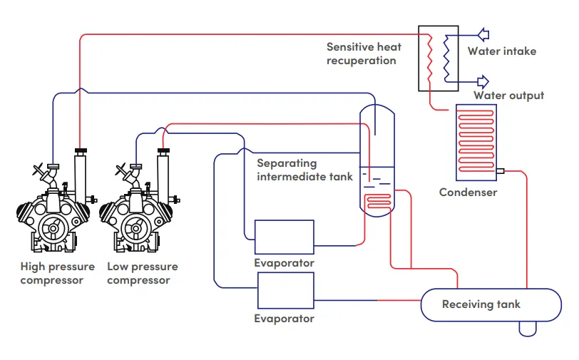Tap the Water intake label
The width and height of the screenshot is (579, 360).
501,51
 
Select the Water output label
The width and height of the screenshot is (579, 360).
508,96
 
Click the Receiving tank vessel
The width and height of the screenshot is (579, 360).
481,304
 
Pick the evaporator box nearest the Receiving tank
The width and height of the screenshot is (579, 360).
285,291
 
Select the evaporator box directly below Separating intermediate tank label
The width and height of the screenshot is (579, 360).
285,237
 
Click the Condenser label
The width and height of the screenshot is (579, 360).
468,192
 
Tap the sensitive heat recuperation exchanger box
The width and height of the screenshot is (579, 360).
437,57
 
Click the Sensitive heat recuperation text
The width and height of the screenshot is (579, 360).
364,53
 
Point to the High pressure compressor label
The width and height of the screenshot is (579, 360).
57,274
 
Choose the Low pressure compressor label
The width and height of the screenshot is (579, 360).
142,274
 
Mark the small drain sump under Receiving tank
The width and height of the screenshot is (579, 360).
529,329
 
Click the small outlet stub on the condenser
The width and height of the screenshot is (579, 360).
500,171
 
